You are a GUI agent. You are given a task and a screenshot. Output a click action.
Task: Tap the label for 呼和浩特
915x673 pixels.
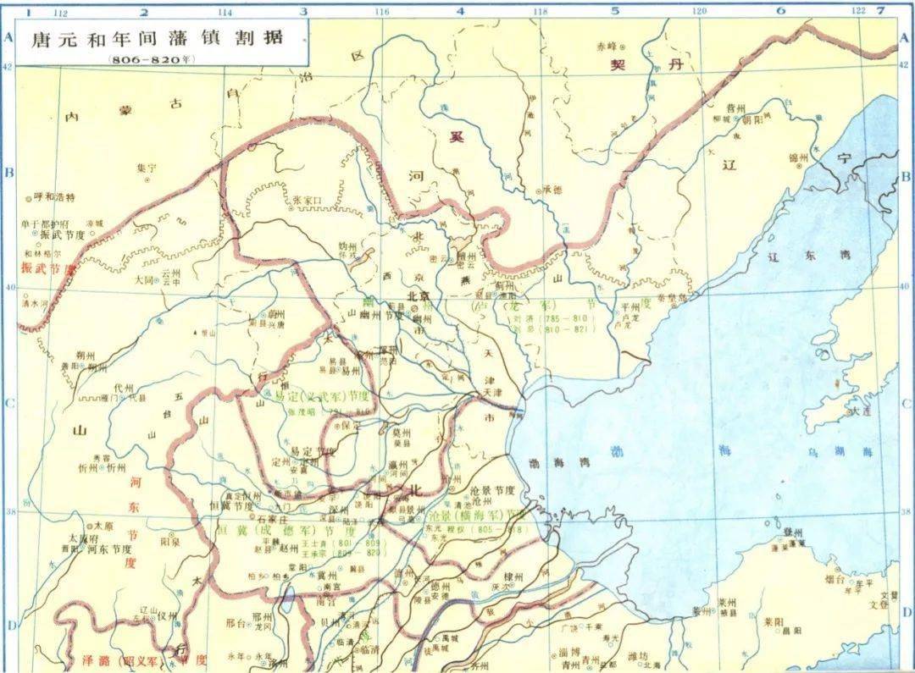coord(54,197)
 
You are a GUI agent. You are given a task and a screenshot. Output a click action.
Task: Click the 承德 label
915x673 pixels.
coord(552,190)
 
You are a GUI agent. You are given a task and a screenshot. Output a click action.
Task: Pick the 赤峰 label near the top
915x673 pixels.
coord(607,45)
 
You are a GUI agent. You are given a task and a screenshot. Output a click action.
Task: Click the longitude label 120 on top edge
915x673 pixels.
coord(699,12)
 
